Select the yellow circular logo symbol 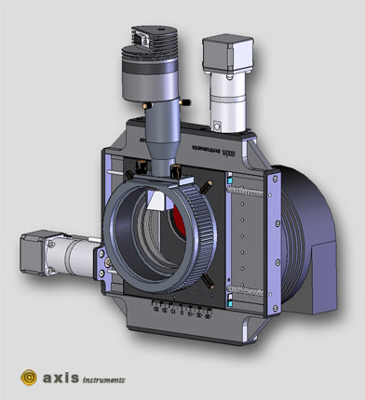point(30,378)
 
